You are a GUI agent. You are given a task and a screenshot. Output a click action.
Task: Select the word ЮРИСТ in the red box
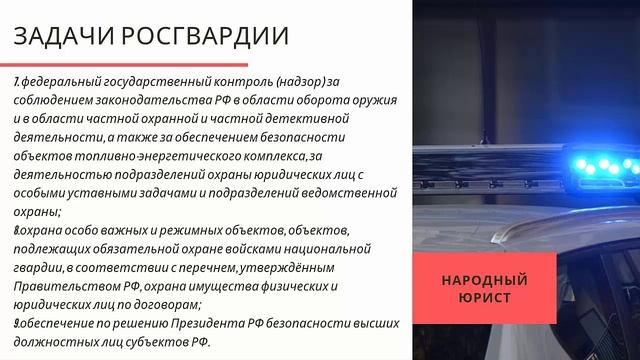(x=484, y=297)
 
